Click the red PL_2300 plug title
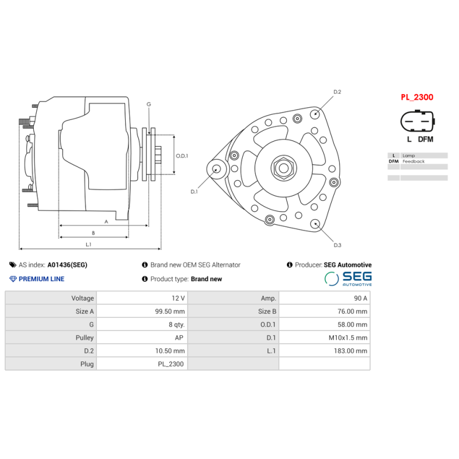[417, 98]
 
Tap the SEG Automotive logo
[348, 279]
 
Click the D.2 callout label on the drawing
[337, 92]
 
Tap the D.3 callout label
[337, 246]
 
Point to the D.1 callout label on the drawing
[194, 192]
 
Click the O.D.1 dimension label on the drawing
[182, 155]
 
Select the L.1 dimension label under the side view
[89, 244]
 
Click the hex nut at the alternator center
[283, 168]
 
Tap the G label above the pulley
[149, 104]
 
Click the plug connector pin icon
[418, 122]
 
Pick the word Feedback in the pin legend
[414, 162]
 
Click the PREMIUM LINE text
[41, 279]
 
